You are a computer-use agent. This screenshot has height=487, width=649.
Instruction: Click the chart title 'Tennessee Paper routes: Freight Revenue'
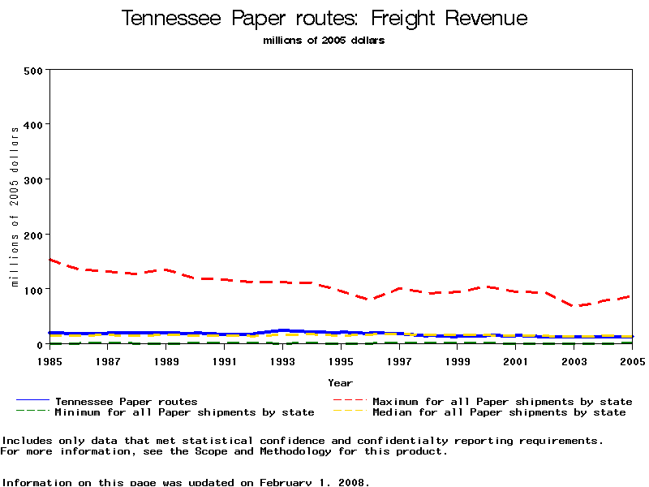point(324,19)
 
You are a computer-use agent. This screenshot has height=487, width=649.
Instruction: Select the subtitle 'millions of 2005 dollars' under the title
point(324,41)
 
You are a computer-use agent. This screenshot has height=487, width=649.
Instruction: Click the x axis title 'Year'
point(341,382)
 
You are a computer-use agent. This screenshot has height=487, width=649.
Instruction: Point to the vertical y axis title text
point(15,206)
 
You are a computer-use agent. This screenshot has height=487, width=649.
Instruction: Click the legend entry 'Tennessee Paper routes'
point(126,401)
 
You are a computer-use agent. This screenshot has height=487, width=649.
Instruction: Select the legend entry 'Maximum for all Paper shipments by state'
point(502,401)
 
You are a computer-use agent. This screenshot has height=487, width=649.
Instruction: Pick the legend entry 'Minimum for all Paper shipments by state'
point(184,412)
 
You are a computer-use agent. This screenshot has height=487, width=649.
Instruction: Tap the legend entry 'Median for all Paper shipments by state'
point(499,412)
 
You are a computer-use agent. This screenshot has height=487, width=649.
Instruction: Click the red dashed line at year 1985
point(51,260)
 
